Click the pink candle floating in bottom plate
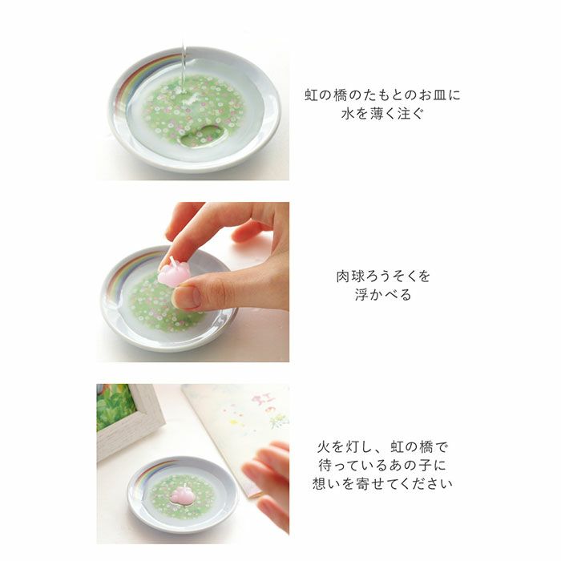point(183,494)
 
